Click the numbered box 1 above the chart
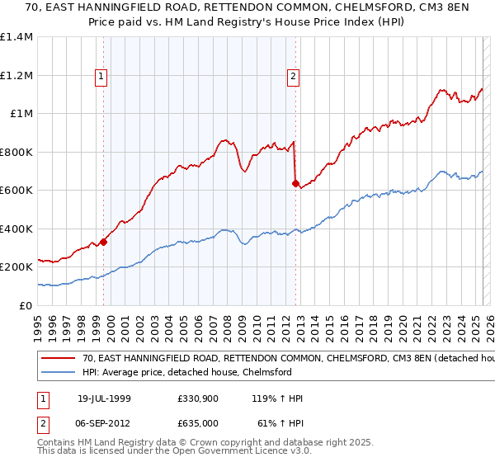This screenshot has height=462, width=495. pos(101,77)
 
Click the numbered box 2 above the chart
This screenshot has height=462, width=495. pos(293,77)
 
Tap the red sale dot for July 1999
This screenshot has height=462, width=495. pos(104,242)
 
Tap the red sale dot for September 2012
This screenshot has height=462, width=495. pos(295,184)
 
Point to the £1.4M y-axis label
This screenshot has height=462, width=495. pos(16,37)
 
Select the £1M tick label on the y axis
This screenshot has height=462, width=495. pos(20,114)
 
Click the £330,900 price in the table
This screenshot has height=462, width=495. pos(197,398)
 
